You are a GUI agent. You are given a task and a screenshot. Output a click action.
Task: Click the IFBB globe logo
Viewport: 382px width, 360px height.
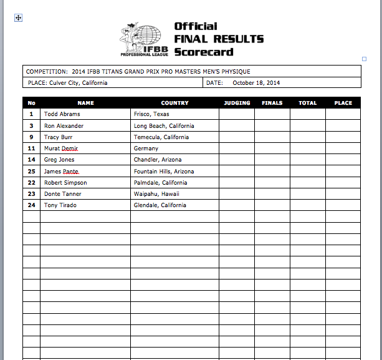coord(145,39)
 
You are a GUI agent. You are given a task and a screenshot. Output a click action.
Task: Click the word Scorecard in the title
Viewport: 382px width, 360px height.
coord(204,52)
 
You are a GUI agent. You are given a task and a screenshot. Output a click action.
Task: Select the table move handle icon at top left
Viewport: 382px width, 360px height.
coord(18,18)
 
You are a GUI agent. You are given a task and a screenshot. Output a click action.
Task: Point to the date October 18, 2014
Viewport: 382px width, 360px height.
coord(256,82)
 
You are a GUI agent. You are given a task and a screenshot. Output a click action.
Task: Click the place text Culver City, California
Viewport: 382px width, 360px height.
coord(78,82)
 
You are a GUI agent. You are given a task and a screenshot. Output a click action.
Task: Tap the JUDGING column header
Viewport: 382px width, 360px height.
coord(236,103)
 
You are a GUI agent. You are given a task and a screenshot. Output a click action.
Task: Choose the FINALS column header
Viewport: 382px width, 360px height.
coord(272,103)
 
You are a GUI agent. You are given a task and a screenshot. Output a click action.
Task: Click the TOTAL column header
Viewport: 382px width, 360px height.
coord(307,103)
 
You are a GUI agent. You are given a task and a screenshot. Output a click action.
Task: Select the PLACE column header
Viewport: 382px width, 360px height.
coord(343,103)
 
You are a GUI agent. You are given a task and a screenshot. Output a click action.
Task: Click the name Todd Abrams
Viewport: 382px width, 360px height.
coord(62,114)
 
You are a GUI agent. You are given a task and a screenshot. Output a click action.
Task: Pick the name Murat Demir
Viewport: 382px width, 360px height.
coord(61,148)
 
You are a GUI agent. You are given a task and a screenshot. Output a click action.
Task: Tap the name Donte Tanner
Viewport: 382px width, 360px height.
coord(62,194)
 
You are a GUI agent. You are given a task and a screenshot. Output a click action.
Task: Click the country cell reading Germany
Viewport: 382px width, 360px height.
coord(146,148)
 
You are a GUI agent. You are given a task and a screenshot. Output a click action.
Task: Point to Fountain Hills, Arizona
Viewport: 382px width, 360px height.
coord(163,172)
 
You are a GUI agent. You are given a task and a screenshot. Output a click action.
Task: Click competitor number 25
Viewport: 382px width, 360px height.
coord(31,172)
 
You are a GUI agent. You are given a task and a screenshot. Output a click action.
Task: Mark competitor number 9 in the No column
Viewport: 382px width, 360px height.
coord(31,137)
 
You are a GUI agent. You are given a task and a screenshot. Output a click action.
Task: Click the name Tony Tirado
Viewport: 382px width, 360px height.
coord(60,205)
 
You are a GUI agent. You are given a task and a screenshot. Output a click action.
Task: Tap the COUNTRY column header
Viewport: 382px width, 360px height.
coord(174,103)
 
